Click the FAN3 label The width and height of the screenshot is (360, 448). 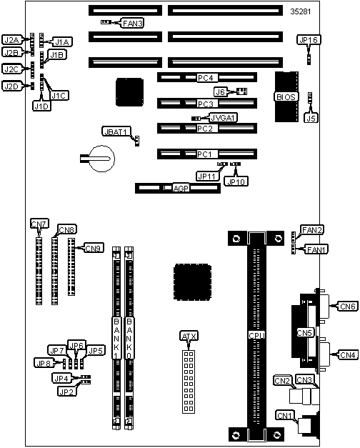[132, 23]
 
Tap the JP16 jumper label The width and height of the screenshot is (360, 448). [309, 40]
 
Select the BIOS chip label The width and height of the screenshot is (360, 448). [286, 97]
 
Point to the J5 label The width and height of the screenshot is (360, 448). [311, 118]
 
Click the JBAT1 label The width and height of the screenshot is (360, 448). [116, 131]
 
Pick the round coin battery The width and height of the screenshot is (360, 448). [102, 159]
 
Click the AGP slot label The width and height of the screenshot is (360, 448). [181, 189]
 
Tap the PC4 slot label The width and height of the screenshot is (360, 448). [205, 78]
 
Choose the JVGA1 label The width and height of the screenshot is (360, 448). [223, 117]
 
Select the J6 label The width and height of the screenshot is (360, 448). [220, 92]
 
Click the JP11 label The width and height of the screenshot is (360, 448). [207, 176]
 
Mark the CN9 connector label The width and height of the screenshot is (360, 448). [94, 248]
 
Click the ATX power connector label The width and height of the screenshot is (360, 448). [189, 337]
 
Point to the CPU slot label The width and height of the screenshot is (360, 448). [256, 335]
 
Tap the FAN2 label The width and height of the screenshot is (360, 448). [311, 229]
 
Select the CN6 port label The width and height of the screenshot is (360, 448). [347, 307]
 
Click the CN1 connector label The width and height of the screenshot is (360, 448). [284, 415]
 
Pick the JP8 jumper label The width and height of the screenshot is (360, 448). [44, 363]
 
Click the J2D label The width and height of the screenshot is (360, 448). [11, 86]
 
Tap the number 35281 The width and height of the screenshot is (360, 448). [301, 11]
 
